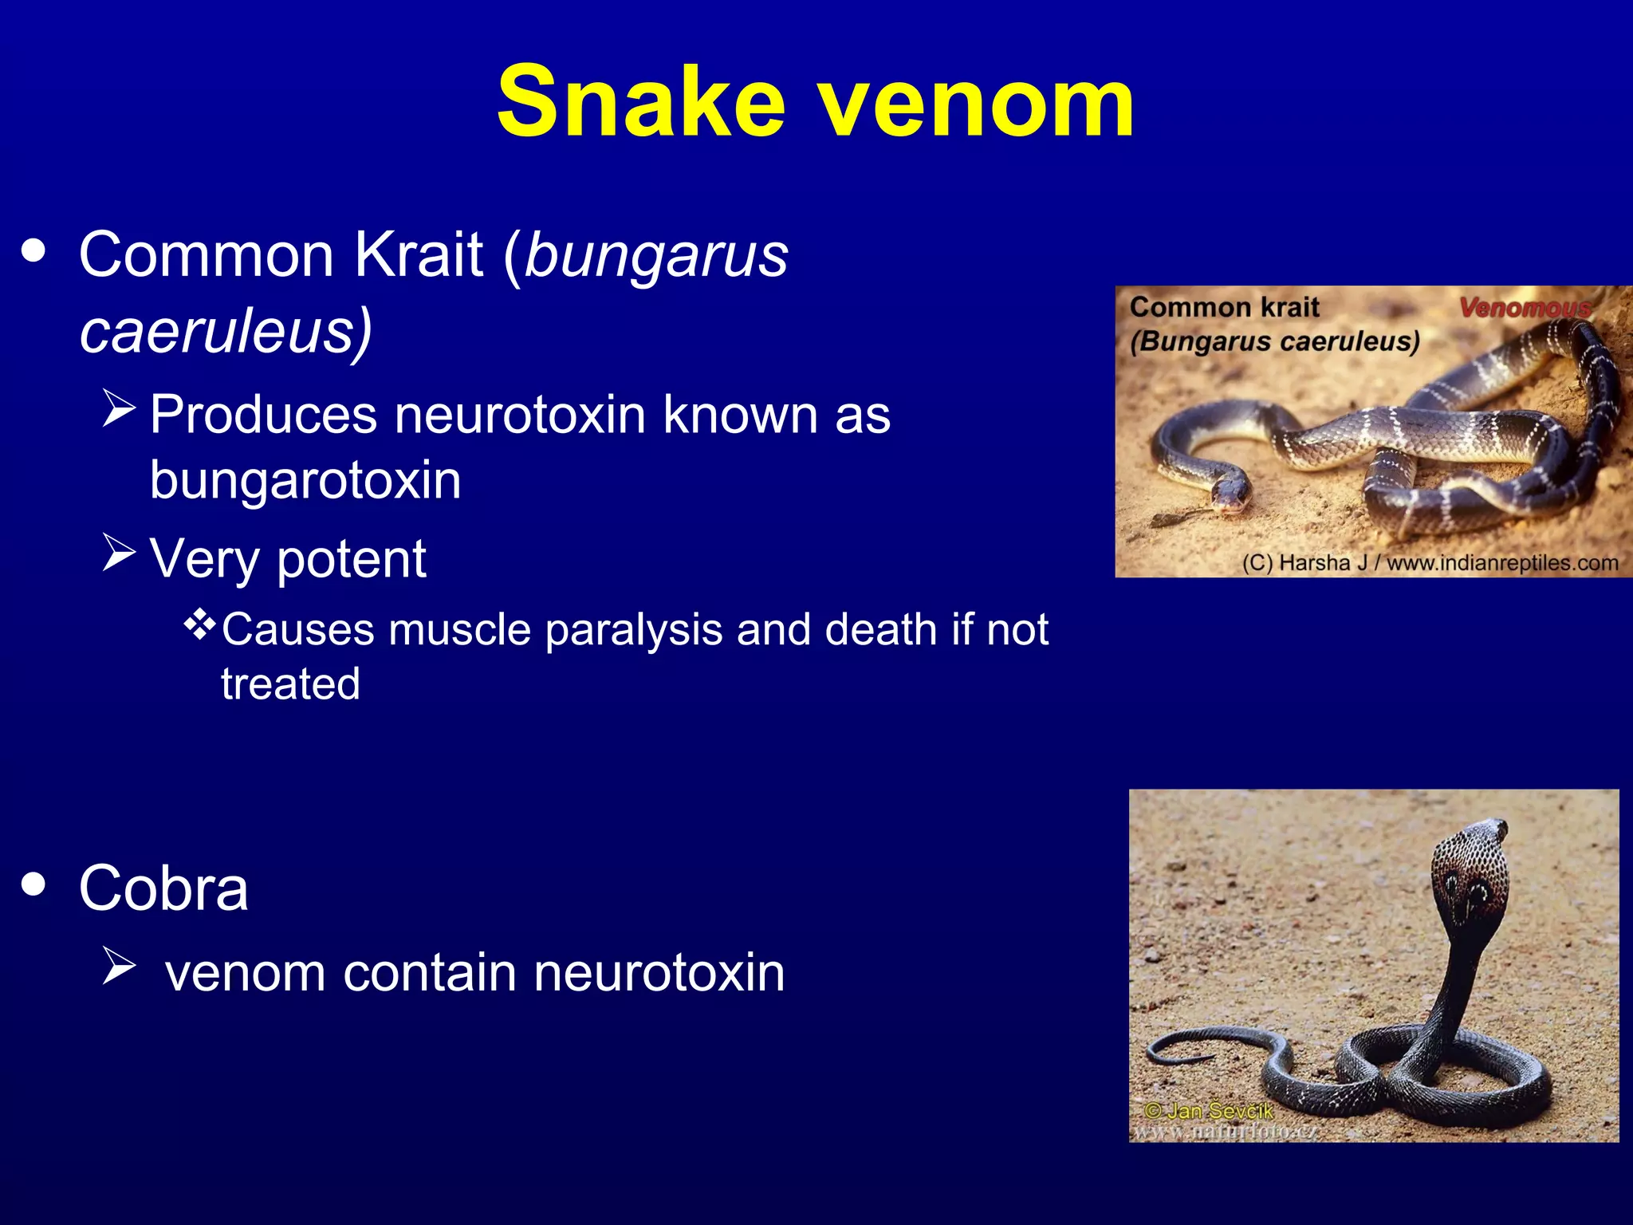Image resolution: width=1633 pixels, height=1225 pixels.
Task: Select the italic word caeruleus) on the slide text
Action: (x=226, y=331)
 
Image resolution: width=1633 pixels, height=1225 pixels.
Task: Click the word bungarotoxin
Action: (x=305, y=480)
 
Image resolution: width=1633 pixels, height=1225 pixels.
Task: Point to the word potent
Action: (x=352, y=559)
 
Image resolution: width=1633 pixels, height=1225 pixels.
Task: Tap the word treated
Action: (x=290, y=684)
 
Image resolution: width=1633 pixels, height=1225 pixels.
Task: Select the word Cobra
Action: (x=163, y=888)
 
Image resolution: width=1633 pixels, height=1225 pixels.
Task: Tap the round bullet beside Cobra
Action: (x=33, y=884)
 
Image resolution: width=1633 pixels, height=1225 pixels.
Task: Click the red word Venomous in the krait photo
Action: (x=1524, y=308)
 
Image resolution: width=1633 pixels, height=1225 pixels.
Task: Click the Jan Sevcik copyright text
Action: (x=1209, y=1111)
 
